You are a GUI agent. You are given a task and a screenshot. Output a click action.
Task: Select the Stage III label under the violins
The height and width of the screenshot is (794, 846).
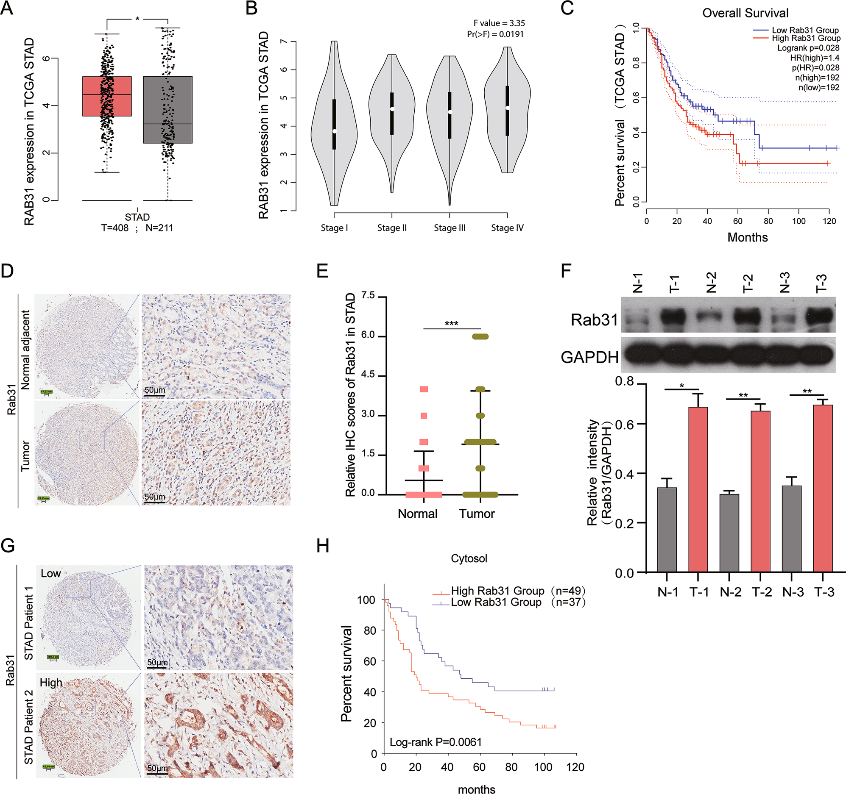tap(450, 228)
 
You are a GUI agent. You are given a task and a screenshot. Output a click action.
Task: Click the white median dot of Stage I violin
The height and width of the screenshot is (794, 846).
tap(335, 131)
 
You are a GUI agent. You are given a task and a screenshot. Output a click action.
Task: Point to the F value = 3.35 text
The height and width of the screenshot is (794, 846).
tap(499, 23)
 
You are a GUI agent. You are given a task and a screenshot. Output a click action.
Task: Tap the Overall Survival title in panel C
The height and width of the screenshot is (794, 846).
tap(745, 13)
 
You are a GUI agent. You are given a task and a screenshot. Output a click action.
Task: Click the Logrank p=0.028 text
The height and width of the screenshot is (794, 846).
tap(808, 48)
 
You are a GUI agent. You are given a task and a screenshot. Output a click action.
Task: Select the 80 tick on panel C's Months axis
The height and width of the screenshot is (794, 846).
tap(768, 221)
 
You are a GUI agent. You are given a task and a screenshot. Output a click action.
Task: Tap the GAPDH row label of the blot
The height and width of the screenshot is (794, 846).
tap(589, 357)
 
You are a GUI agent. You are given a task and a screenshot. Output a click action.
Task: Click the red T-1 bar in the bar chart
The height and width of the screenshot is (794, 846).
tap(698, 489)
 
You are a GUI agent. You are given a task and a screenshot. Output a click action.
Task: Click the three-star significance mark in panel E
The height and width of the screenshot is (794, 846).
tap(451, 324)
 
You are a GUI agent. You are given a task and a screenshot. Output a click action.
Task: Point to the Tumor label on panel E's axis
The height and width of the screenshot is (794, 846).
tap(477, 514)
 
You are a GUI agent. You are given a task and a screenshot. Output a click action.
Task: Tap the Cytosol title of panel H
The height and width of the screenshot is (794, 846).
tap(469, 558)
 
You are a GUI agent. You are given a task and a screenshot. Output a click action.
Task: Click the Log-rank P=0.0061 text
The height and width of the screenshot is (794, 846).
tap(436, 742)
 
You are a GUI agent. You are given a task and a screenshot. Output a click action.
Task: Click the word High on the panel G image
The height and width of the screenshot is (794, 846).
tap(50, 683)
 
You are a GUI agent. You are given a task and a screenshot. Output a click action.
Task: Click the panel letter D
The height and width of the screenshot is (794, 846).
tap(7, 271)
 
